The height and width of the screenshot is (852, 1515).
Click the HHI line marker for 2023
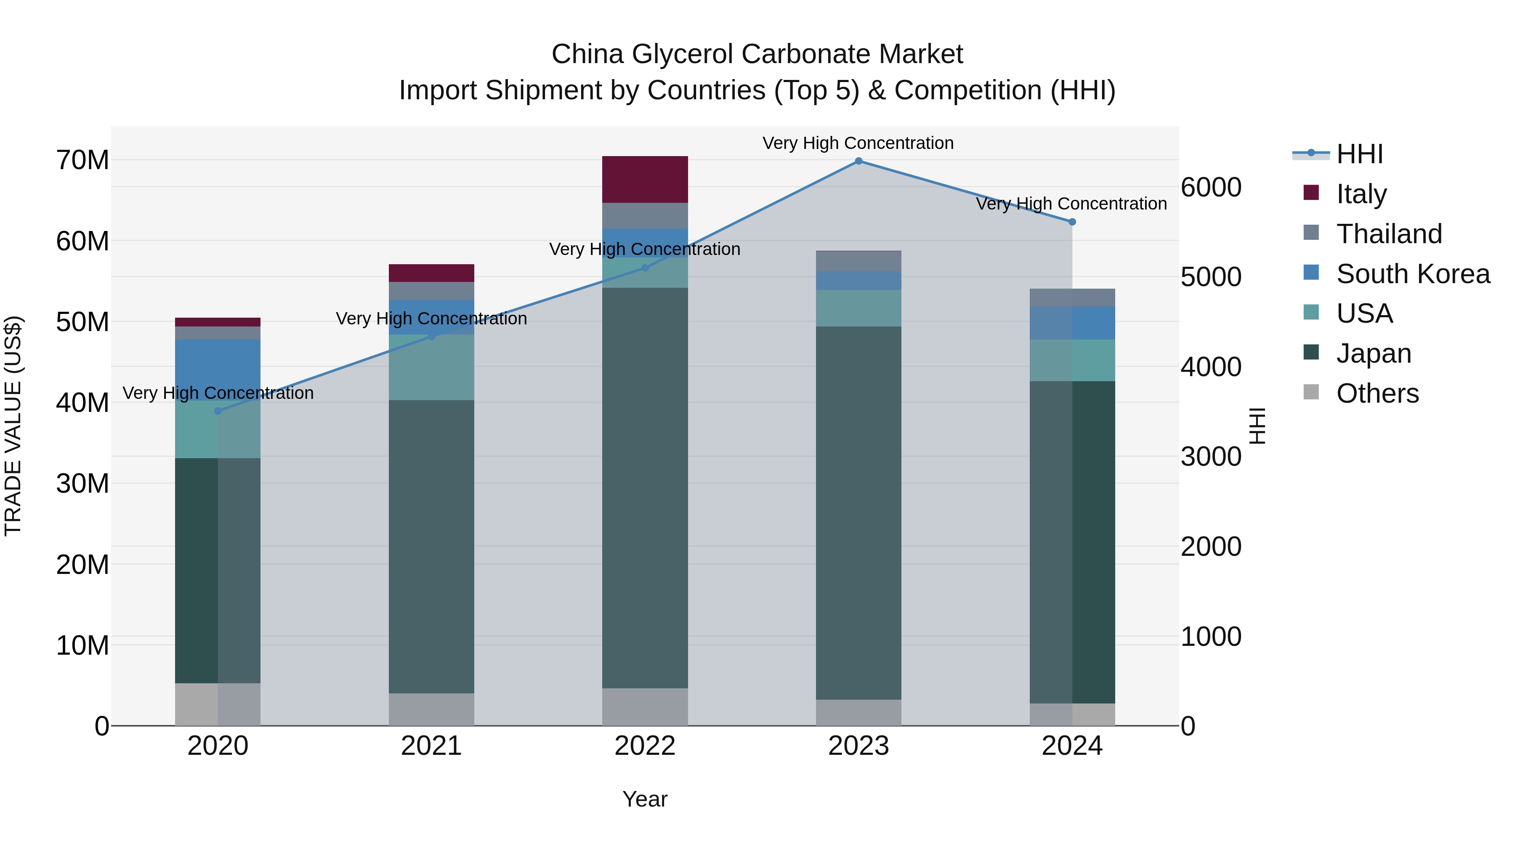(x=858, y=161)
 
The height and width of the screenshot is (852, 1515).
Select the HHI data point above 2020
(x=218, y=411)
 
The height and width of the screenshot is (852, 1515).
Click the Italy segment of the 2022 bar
(x=645, y=179)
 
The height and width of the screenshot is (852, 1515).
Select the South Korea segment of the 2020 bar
(x=218, y=369)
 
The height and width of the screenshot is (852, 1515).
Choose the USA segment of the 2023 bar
(x=858, y=308)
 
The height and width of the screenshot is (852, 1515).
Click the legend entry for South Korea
(x=1413, y=274)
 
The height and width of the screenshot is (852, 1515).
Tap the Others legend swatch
(x=1311, y=392)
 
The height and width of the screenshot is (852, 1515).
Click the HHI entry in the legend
(x=1359, y=154)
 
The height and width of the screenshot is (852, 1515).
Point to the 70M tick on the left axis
(x=82, y=160)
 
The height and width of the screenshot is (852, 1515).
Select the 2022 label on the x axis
(x=645, y=746)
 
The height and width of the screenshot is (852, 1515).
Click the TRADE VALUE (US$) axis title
(x=13, y=426)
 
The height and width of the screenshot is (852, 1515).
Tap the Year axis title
(x=645, y=799)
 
